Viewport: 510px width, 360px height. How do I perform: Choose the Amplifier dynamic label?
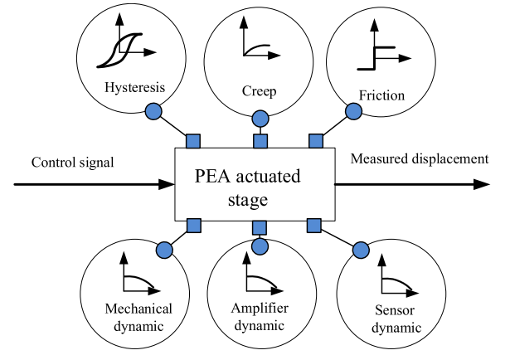[260, 316]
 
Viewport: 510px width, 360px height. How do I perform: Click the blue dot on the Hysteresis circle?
[153, 110]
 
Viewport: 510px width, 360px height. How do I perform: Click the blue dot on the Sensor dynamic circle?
[361, 249]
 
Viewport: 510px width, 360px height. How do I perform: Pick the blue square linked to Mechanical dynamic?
[193, 225]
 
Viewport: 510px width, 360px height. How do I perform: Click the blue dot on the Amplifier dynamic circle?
[260, 246]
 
